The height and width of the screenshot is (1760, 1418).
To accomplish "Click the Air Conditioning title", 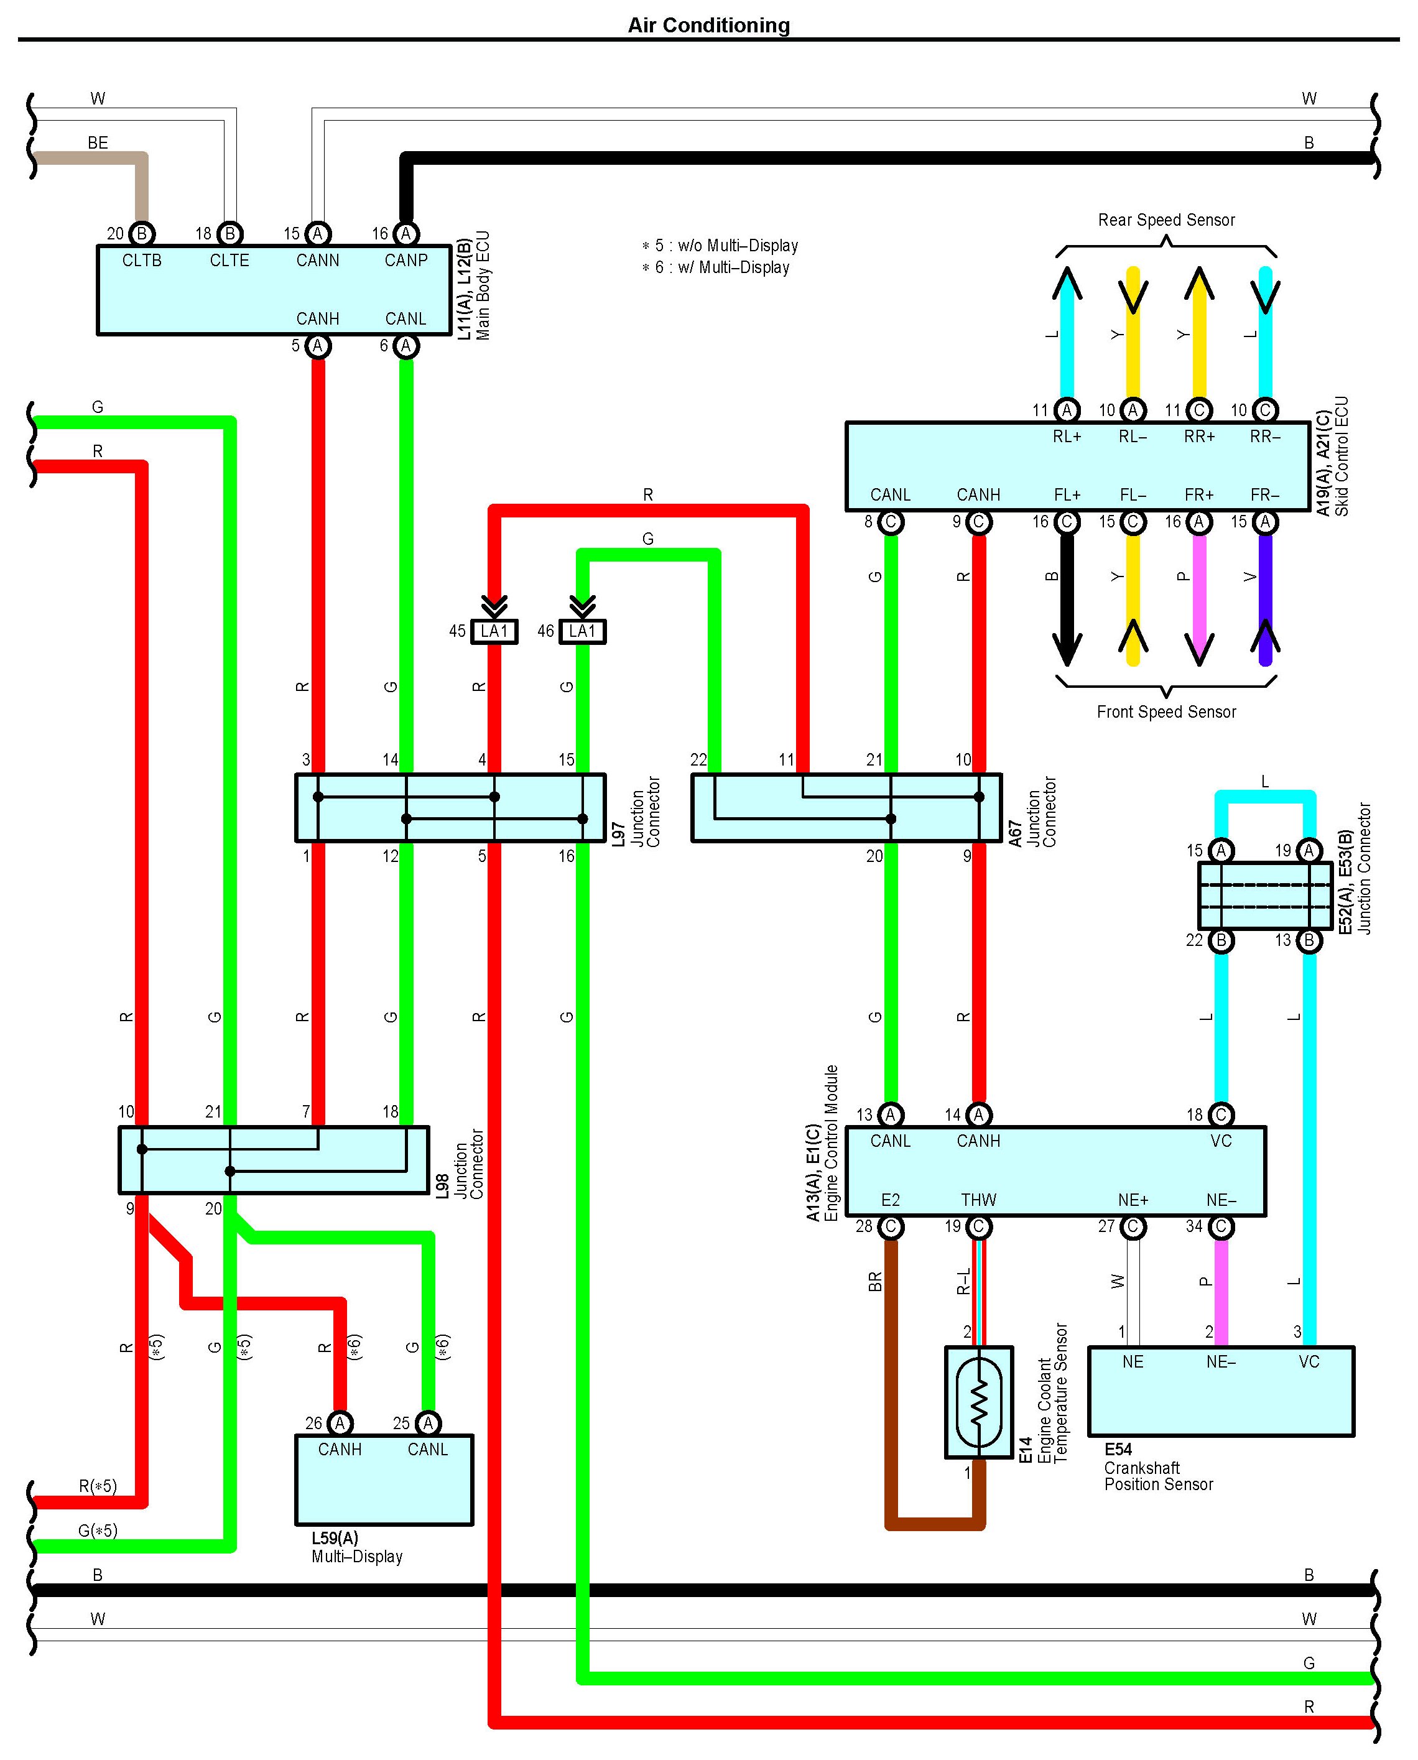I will [708, 25].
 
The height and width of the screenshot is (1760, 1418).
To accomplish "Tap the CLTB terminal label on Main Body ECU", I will [142, 261].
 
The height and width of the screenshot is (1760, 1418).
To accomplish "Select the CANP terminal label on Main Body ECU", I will [406, 261].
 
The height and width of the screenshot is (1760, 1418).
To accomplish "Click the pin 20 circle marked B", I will [142, 234].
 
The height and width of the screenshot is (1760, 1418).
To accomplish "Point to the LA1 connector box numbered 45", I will [494, 631].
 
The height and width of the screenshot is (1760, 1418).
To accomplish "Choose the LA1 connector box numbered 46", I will [582, 631].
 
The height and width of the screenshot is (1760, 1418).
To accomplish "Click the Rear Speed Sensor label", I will [1165, 220].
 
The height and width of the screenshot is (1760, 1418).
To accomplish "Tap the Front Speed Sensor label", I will [1165, 712].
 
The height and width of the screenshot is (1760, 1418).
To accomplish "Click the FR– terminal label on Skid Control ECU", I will [1264, 495].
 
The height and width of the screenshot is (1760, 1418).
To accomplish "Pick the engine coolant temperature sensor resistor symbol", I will [978, 1403].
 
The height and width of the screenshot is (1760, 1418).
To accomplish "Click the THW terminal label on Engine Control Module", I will [978, 1200].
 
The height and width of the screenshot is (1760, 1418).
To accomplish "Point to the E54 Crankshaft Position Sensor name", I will [1157, 1467].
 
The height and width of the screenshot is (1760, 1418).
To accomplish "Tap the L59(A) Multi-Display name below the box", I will [356, 1548].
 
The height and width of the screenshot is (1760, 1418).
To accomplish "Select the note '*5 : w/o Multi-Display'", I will [720, 246].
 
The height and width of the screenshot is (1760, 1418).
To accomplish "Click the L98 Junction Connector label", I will [461, 1164].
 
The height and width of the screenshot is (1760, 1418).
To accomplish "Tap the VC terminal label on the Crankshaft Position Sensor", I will [1309, 1361].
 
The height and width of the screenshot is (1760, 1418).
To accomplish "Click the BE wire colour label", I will [98, 143].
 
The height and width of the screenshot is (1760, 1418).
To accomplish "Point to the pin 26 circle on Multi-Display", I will [340, 1424].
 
